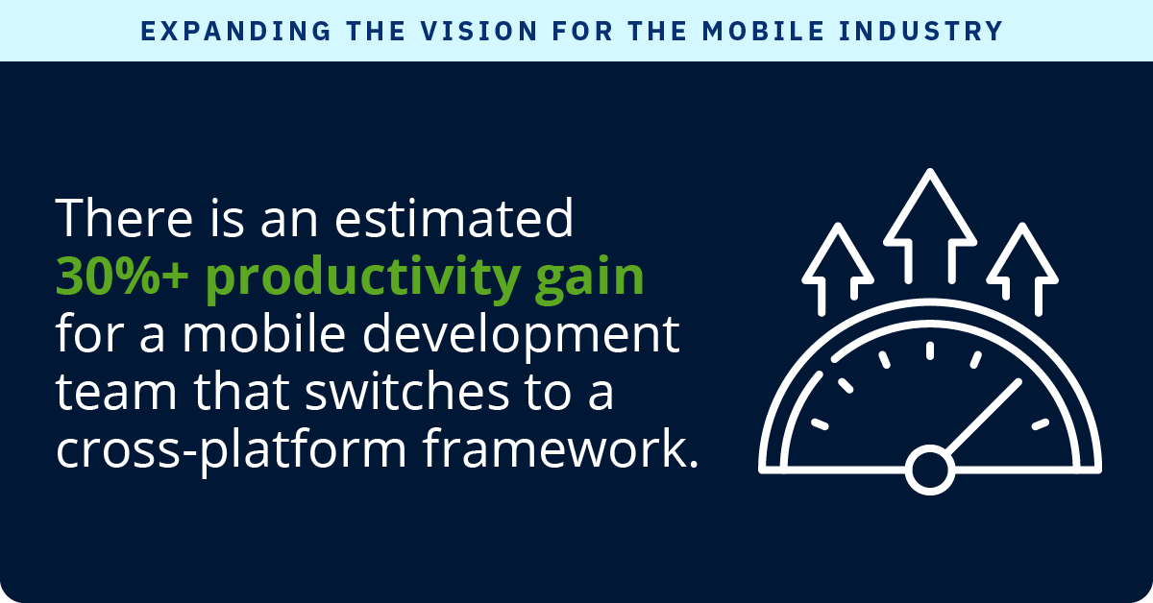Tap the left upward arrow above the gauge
point(838,264)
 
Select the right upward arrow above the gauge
point(1021,264)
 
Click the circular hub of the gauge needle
point(929,470)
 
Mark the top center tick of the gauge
point(929,350)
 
